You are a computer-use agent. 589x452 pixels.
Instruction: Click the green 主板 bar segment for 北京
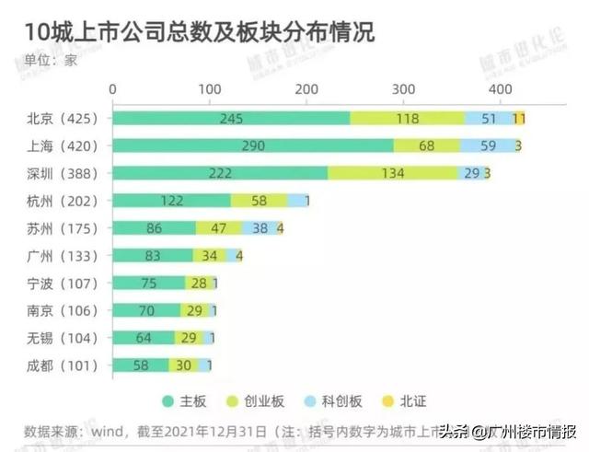(230, 118)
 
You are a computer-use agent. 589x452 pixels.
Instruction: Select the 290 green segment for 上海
(251, 145)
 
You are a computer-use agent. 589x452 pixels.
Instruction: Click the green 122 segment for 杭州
(170, 201)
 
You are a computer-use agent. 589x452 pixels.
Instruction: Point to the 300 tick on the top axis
(403, 88)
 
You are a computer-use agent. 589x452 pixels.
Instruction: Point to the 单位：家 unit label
(51, 62)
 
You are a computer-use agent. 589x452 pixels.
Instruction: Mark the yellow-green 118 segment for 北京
(408, 118)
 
